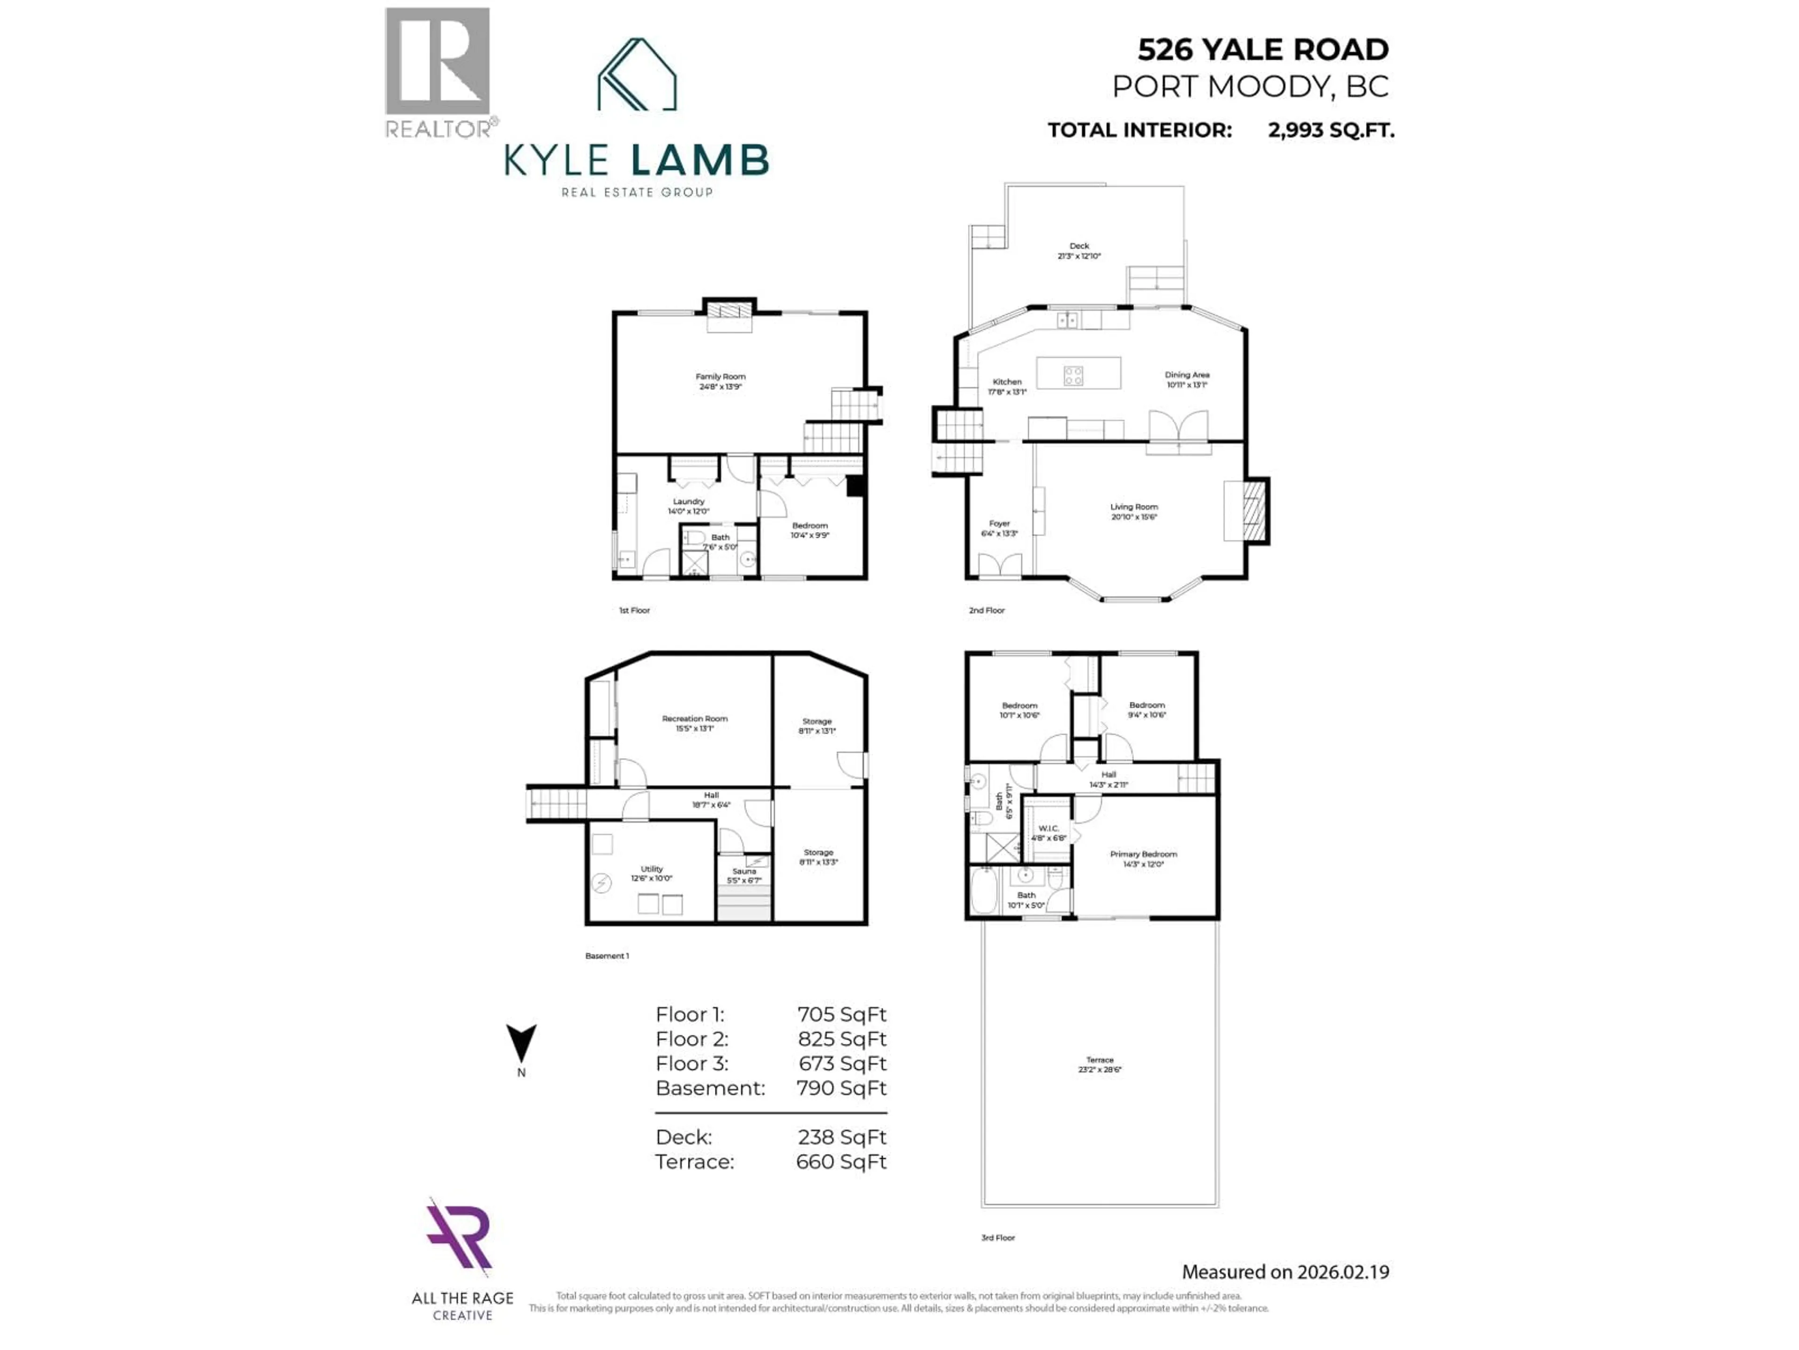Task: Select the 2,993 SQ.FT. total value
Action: coord(1331,130)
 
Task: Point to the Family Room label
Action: coord(721,377)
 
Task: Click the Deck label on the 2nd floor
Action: coord(1079,246)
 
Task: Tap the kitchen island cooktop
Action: coord(1074,375)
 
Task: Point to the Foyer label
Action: coord(1000,524)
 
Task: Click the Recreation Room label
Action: coord(695,719)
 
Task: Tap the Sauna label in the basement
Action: coord(744,871)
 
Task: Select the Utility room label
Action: coord(652,869)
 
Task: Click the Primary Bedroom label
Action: coord(1144,855)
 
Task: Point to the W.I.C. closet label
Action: coord(1048,828)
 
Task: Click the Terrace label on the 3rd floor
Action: coord(1100,1060)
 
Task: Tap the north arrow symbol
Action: coord(521,1042)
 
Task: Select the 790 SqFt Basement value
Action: coord(841,1088)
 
